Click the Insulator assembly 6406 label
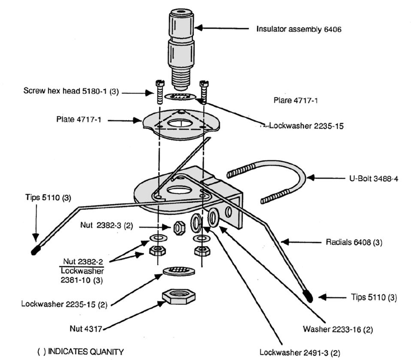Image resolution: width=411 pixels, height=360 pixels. (x=299, y=29)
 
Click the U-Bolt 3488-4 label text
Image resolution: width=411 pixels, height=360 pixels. (x=372, y=178)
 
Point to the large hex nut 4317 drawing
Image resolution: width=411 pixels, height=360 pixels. (x=179, y=296)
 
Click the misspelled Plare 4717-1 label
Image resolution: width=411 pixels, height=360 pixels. (x=295, y=100)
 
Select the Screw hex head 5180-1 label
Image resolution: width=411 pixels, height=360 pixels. (x=70, y=91)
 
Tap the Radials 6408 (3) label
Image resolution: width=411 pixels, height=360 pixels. (x=354, y=242)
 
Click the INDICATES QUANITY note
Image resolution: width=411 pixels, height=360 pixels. (x=81, y=351)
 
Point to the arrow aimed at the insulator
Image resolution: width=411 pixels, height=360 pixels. (x=221, y=29)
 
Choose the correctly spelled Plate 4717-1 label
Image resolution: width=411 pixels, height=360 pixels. (x=79, y=120)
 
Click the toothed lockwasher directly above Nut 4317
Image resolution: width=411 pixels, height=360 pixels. (x=179, y=270)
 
